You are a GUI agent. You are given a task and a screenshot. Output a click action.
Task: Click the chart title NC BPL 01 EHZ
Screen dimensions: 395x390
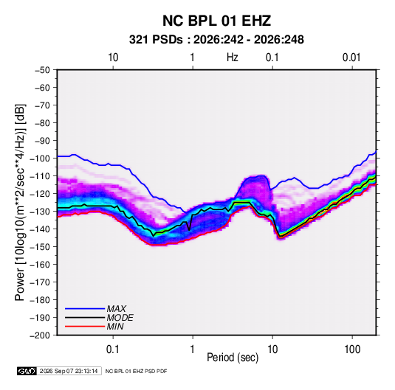coord(216,21)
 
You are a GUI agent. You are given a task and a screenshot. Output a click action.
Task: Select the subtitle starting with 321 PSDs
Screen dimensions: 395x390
coord(216,40)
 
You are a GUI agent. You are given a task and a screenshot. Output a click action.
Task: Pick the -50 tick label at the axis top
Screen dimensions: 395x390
coord(42,70)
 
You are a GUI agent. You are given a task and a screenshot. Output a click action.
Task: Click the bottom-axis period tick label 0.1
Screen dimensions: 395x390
coord(112,349)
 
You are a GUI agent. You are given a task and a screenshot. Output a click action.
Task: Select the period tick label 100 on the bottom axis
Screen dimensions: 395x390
coord(352,349)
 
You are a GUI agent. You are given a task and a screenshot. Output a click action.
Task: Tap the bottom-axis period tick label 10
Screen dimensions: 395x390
coord(272,349)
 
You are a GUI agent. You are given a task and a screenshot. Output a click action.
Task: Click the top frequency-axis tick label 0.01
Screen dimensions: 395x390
coord(351,58)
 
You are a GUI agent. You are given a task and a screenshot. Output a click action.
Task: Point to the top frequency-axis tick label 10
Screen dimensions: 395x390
coord(113,58)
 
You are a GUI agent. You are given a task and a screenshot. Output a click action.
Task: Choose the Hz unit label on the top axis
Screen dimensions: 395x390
coord(233,58)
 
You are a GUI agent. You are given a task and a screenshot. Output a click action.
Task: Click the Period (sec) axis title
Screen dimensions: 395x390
coord(233,358)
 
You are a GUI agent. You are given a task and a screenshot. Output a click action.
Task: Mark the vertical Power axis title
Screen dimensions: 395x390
coord(20,202)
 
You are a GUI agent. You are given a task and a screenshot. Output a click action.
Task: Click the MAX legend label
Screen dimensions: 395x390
coord(116,309)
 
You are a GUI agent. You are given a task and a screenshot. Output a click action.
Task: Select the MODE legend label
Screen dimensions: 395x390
coord(120,318)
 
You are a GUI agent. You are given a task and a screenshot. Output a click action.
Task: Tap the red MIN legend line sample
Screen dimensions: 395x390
coord(85,327)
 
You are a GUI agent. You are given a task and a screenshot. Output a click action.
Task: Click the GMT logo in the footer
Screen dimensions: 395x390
coord(27,371)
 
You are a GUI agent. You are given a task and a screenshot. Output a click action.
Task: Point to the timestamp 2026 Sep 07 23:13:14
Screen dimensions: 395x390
coord(69,371)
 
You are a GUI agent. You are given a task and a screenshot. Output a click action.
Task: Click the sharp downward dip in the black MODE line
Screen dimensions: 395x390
coord(189,230)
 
